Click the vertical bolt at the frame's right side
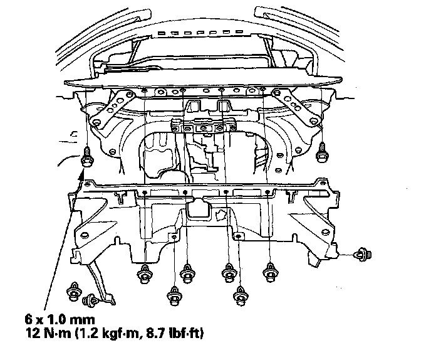click(322, 149)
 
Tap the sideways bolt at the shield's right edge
click(361, 255)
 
